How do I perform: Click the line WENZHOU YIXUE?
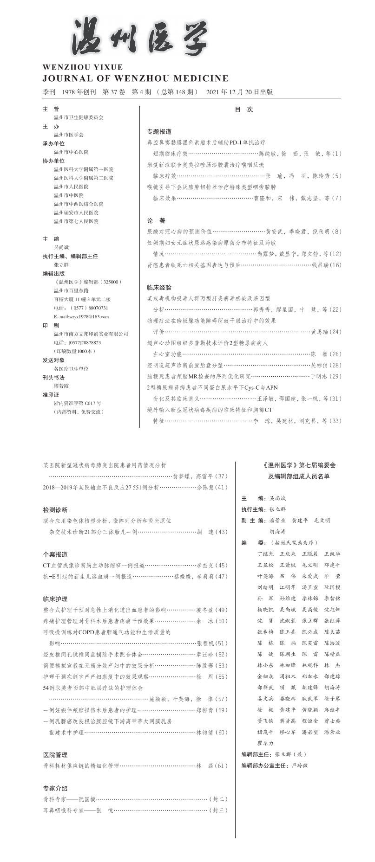(x=82, y=67)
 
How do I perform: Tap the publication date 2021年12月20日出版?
(x=239, y=92)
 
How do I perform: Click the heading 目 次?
(x=243, y=109)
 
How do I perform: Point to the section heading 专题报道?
(x=159, y=132)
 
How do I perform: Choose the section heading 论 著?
(x=156, y=220)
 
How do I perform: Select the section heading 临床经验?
(x=159, y=288)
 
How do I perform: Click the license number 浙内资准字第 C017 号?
(x=78, y=403)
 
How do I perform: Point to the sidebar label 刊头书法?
(x=53, y=377)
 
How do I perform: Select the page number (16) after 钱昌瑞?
(x=336, y=265)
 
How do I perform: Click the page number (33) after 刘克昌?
(x=336, y=421)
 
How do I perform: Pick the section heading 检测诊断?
(x=55, y=510)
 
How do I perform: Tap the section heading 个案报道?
(x=55, y=554)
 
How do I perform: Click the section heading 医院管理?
(x=55, y=755)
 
